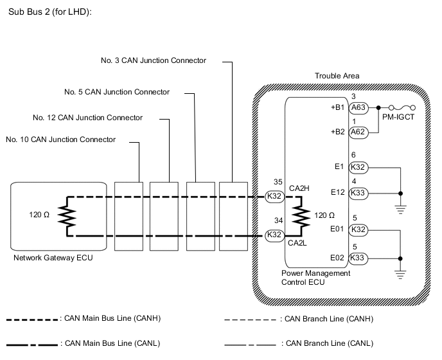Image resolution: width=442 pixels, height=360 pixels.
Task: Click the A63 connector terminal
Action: tap(359, 109)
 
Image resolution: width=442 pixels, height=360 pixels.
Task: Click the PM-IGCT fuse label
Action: tap(398, 118)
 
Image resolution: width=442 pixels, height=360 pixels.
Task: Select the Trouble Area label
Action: tap(337, 76)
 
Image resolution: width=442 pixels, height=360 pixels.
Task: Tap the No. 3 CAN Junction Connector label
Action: tap(154, 60)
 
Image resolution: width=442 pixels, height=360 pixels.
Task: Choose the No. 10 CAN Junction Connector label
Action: tap(60, 139)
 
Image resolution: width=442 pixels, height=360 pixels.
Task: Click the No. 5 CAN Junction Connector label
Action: tap(117, 92)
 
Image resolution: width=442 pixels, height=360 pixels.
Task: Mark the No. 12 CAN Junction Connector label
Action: tap(87, 118)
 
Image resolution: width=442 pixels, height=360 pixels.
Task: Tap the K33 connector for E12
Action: tap(359, 192)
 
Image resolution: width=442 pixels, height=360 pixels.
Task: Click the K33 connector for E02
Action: tap(359, 258)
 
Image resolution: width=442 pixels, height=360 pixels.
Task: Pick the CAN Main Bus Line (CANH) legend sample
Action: tap(32, 319)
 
